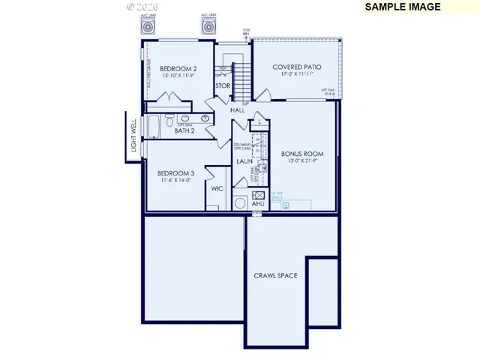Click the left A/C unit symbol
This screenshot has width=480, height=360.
[148, 26]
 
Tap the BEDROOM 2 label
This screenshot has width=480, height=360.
[178, 67]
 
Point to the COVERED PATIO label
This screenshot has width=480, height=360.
[297, 67]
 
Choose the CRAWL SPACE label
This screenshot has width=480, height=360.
[275, 275]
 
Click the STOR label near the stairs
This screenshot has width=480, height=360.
[223, 86]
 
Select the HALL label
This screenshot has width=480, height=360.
[237, 109]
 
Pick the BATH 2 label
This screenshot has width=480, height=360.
[184, 130]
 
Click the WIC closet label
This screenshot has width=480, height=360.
[217, 188]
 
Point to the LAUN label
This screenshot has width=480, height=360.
[244, 160]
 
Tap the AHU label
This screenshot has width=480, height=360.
[258, 203]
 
